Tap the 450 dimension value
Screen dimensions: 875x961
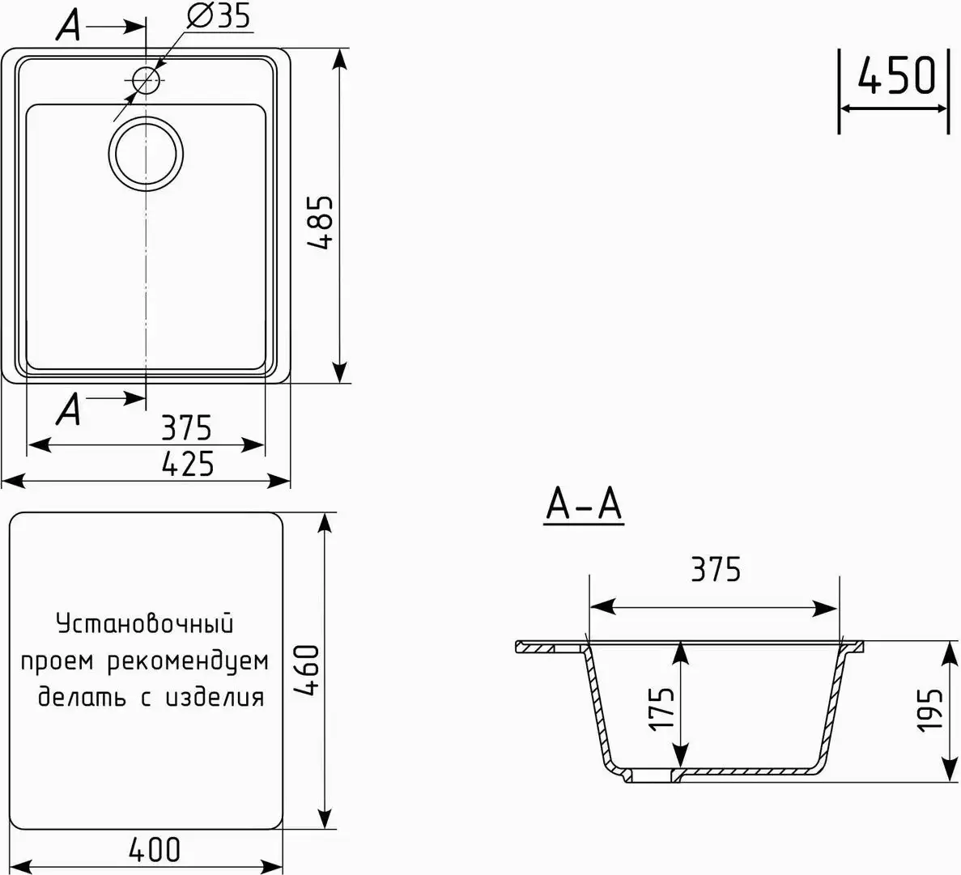coord(895,76)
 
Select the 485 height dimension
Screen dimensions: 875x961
coord(318,222)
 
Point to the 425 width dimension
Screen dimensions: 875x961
coord(187,464)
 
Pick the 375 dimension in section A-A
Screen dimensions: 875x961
coord(715,570)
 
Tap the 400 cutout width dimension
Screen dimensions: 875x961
coord(154,849)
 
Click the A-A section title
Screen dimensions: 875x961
coord(584,505)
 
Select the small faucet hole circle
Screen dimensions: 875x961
coord(145,79)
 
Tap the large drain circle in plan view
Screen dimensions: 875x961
coord(146,154)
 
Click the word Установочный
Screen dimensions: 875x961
coord(145,624)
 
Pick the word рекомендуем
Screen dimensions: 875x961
coord(188,661)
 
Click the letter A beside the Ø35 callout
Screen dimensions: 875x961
coord(69,27)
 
